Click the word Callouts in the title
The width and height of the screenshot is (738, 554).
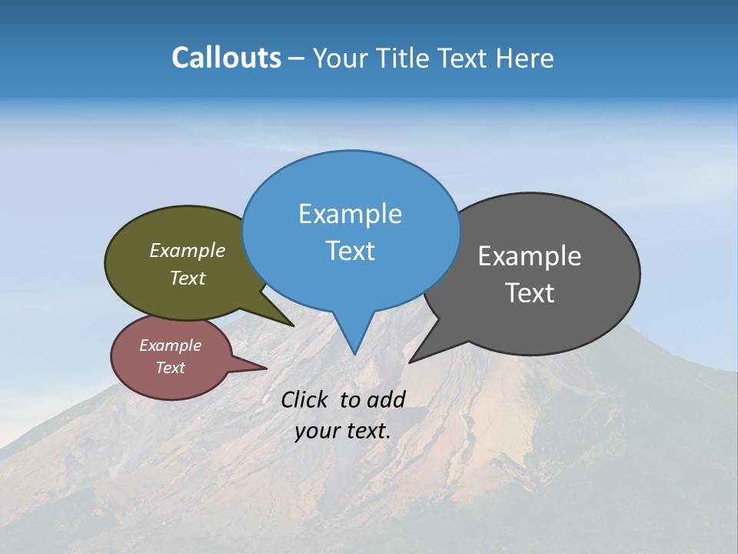226,58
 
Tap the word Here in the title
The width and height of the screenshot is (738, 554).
525,58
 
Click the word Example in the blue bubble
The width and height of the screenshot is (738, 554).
350,214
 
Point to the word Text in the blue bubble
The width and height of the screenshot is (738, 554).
350,251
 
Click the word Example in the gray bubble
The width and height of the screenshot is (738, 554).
530,256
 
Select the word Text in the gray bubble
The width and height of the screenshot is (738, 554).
530,293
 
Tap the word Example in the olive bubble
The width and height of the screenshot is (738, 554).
188,251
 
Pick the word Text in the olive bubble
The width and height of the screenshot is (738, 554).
188,278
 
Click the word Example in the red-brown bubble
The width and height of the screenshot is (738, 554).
171,345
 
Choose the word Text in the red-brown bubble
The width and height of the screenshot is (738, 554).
171,368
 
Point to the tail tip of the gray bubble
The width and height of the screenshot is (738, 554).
411,361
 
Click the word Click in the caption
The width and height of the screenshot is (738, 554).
305,399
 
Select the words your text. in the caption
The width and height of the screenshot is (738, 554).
343,431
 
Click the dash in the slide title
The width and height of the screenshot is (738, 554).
297,58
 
